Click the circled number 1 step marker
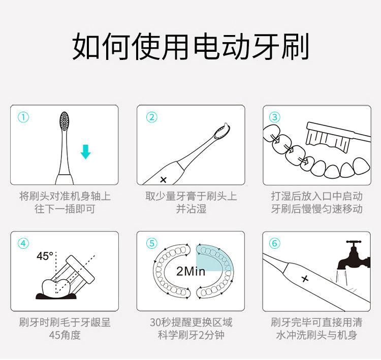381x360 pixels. coord(23,117)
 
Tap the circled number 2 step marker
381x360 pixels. coord(151,117)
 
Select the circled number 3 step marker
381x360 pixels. coord(274,117)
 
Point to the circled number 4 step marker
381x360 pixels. coord(23,243)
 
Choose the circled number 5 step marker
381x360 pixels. coord(151,243)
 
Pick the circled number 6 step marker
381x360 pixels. coord(274,243)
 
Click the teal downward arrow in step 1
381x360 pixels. coord(85,152)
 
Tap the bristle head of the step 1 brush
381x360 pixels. coord(65,121)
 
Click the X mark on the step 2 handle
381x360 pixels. coord(164,180)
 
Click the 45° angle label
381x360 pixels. coord(45,256)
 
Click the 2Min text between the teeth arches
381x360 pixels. coord(190,271)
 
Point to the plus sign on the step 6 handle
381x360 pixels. coord(305,279)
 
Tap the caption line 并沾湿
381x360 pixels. coord(191,209)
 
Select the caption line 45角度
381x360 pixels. coord(65,335)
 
